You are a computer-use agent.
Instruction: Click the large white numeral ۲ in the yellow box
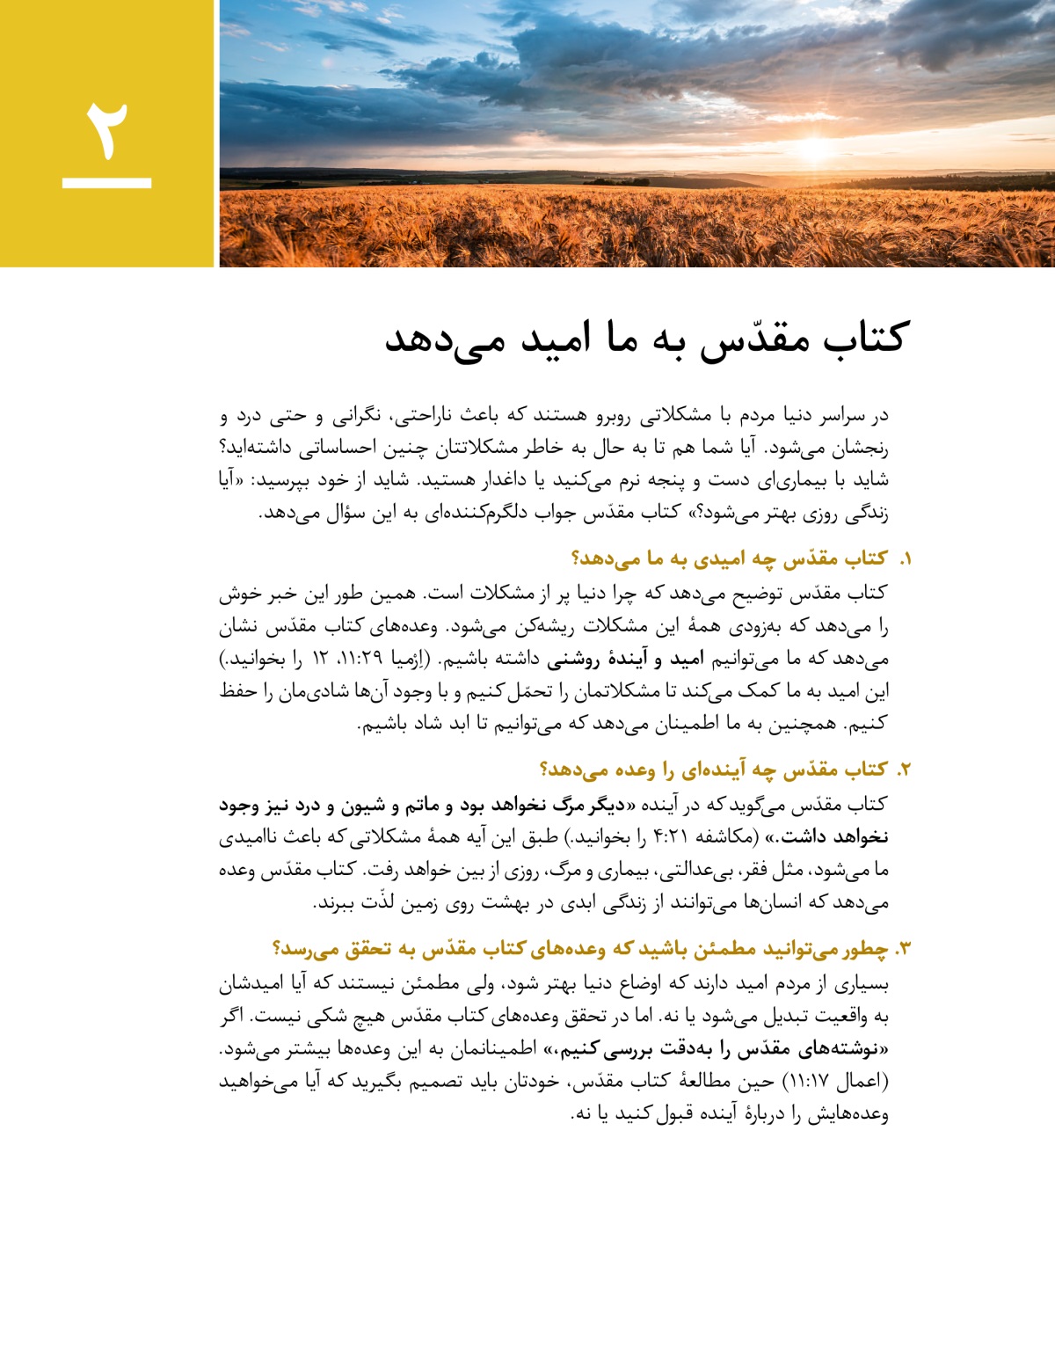107,130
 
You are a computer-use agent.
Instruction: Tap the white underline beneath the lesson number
107,183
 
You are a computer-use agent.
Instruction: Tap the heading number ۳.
903,950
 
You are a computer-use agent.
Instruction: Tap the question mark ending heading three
278,950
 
